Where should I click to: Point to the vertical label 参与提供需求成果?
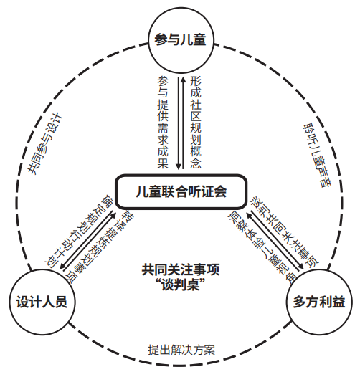(x=163, y=122)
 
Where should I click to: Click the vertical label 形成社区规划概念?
(x=195, y=122)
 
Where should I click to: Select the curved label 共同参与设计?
(x=44, y=143)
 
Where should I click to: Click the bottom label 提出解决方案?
(x=181, y=350)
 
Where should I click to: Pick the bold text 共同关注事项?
(x=181, y=269)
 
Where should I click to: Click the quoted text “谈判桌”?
(x=181, y=285)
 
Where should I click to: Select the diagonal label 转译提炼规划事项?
(x=101, y=247)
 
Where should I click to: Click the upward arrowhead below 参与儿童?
(x=183, y=80)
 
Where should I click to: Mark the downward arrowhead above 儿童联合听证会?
(x=179, y=166)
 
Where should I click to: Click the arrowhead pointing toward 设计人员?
(x=63, y=266)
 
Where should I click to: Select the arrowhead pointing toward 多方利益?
(x=301, y=266)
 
